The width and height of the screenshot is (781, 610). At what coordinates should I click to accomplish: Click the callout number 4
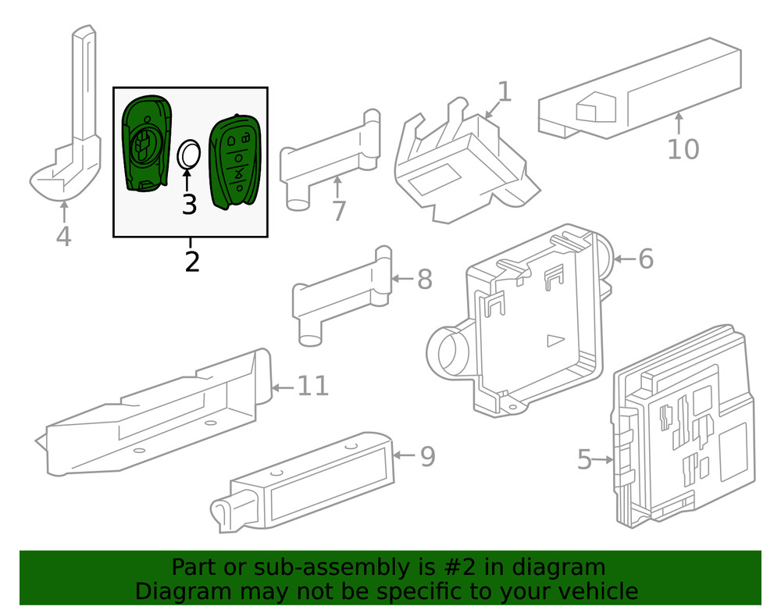tap(63, 235)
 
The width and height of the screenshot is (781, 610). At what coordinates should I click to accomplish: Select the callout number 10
tap(683, 148)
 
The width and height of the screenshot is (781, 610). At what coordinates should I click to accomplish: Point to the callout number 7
tap(338, 210)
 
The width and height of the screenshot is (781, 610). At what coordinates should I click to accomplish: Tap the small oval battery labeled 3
tap(188, 154)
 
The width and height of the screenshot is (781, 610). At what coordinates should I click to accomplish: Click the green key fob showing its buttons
tap(235, 161)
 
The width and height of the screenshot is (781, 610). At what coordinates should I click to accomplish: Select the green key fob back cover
tap(145, 143)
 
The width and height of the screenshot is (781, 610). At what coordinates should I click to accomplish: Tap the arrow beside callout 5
tap(604, 460)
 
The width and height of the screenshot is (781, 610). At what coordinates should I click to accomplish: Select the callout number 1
tap(505, 92)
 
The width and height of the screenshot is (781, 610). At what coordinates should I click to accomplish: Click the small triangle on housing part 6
tap(555, 340)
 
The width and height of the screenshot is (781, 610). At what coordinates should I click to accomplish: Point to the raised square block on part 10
tap(596, 109)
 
